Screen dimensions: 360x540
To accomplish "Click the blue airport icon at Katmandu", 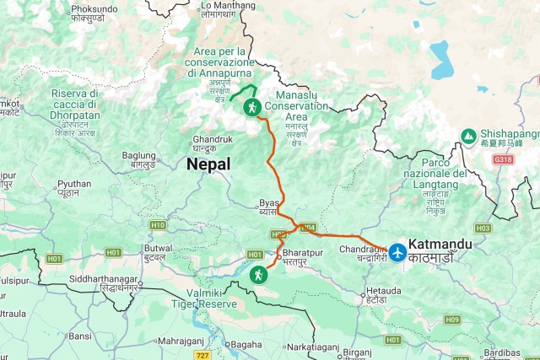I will click(x=397, y=251).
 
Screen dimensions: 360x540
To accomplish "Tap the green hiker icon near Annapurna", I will click(x=251, y=107).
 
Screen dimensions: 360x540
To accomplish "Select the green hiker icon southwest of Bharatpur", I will click(x=258, y=274).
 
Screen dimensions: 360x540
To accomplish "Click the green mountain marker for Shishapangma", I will click(x=467, y=135).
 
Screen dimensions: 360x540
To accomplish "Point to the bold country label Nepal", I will click(x=208, y=165).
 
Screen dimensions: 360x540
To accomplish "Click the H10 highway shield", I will click(x=158, y=225).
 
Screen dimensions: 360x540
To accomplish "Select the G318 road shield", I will click(x=503, y=159).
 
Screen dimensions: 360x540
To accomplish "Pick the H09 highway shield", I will click(x=452, y=320).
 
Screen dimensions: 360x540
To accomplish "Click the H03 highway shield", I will click(x=483, y=228).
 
